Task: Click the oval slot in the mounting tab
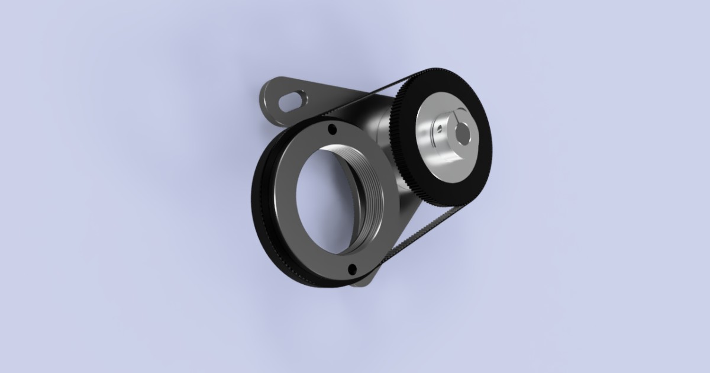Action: point(291,101)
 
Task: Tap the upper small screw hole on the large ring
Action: point(332,129)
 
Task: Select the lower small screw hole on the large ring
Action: point(353,269)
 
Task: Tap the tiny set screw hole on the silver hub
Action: point(438,127)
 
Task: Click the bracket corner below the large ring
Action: point(364,283)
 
